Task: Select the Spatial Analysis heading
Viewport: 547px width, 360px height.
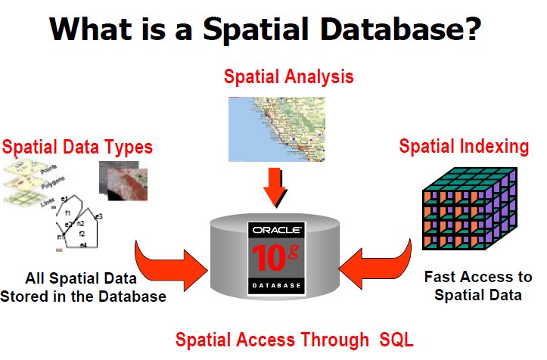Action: tap(288, 76)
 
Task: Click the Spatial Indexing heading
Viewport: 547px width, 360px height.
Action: tap(464, 146)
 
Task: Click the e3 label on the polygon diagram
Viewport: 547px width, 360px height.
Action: tap(98, 217)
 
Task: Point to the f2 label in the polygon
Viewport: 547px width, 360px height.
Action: tap(81, 234)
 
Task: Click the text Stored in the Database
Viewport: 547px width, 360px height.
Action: tap(83, 296)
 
